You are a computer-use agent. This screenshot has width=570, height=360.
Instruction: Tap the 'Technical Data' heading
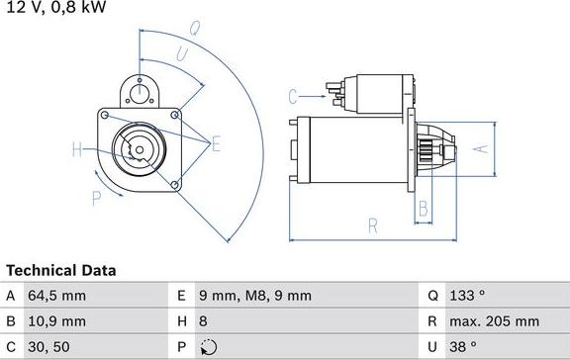[61, 270]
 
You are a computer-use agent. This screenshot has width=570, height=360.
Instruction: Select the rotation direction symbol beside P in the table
[207, 347]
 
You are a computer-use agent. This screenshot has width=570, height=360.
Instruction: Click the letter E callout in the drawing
[216, 144]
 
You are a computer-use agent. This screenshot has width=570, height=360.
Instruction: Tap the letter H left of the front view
[77, 150]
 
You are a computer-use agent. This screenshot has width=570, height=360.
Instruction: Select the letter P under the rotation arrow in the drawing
[97, 198]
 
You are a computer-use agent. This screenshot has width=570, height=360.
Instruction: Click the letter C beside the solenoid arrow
[294, 96]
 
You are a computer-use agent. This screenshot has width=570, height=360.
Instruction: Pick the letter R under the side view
[373, 226]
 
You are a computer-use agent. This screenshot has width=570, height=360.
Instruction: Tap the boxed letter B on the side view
[423, 209]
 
